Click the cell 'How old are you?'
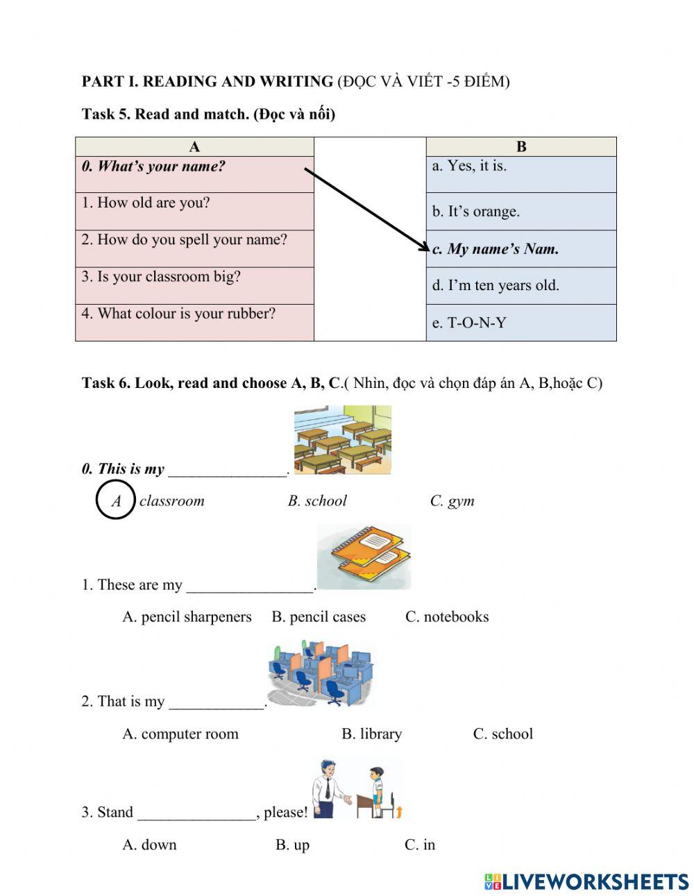(153, 203)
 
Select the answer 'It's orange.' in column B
(475, 212)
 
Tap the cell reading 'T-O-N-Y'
(469, 323)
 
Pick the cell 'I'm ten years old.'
(496, 285)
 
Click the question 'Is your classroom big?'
(161, 277)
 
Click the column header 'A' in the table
(194, 146)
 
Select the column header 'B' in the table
(521, 146)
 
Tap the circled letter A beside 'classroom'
(115, 500)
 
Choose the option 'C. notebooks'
(447, 617)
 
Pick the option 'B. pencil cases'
(319, 617)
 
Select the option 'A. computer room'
(180, 734)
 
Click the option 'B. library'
(371, 734)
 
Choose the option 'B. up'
(292, 845)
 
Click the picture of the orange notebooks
(364, 557)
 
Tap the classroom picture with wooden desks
(342, 440)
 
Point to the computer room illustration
(319, 673)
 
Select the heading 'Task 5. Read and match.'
(208, 114)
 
